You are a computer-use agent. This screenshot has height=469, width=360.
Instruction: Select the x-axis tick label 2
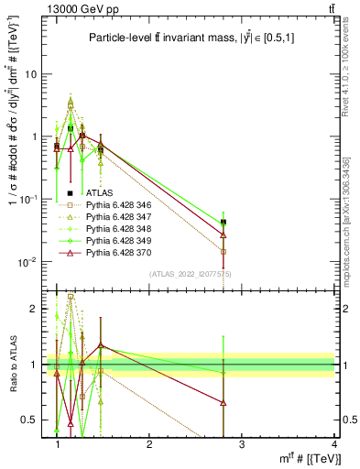[x=149, y=444]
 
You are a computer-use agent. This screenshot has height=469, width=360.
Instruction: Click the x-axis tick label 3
[x=241, y=444]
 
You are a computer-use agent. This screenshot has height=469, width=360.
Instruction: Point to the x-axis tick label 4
[x=333, y=444]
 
